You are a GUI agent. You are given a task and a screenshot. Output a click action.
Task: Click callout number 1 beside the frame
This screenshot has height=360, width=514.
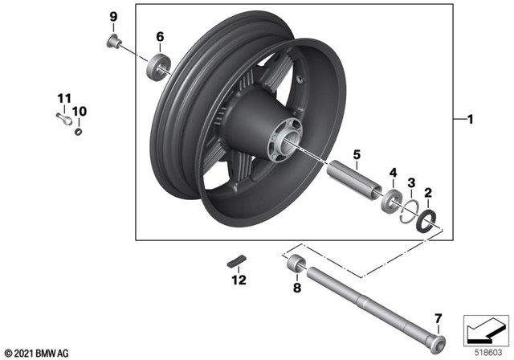[x=471, y=121]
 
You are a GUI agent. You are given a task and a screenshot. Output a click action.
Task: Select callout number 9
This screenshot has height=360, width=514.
[x=113, y=17]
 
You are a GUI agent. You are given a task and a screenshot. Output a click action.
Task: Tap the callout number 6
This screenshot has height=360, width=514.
[x=160, y=37]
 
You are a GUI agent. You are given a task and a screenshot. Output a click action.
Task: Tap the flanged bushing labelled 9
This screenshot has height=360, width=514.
[x=113, y=42]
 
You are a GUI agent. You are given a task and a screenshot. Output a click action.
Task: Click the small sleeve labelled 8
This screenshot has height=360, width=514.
[x=295, y=262]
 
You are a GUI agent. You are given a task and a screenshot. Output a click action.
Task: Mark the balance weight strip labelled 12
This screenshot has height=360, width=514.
[x=236, y=260]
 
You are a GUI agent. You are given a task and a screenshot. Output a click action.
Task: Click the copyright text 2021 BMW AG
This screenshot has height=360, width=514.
[x=37, y=353]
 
